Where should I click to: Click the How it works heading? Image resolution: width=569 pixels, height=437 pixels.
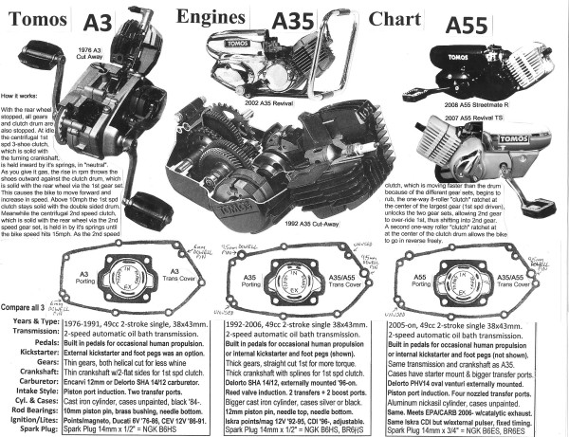tap(21, 96)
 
